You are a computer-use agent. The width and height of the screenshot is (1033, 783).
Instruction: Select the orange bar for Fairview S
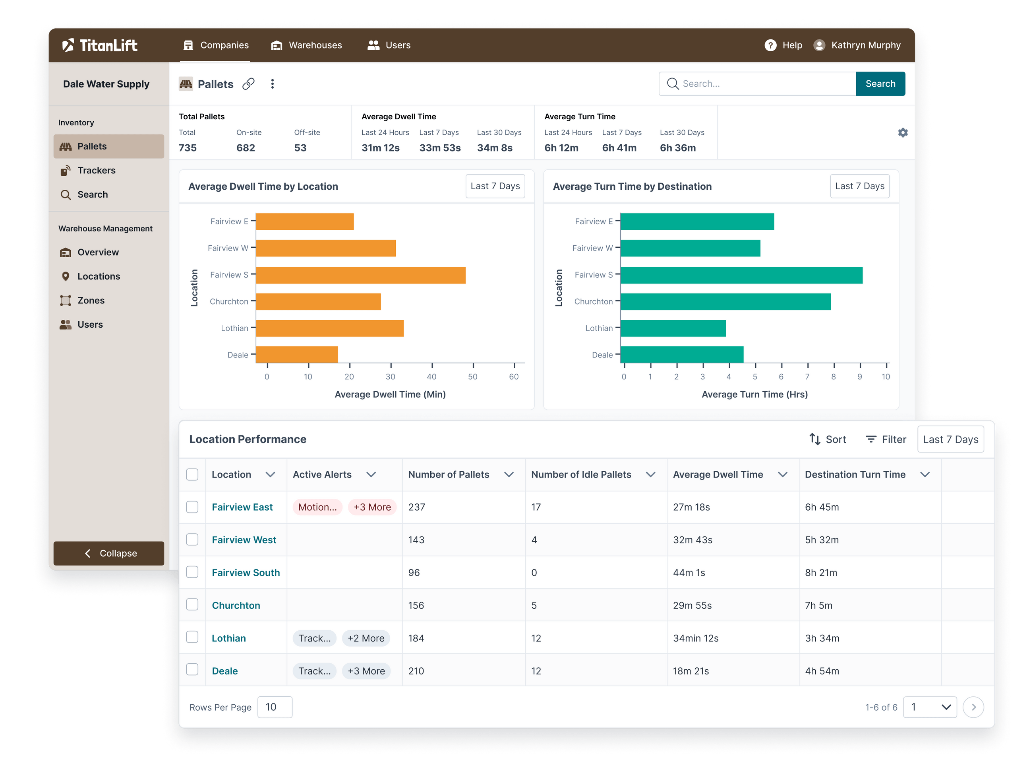pos(360,275)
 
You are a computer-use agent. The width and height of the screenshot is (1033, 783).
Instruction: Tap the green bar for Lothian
pos(673,328)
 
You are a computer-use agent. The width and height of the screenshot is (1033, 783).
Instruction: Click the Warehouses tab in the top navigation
pos(306,45)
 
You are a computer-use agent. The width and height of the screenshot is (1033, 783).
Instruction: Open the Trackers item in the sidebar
pos(96,171)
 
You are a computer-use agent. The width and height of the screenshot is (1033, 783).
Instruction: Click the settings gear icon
pos(902,133)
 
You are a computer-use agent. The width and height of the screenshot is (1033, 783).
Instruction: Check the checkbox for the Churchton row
pos(192,604)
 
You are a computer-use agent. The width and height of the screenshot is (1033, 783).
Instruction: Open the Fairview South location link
pos(246,573)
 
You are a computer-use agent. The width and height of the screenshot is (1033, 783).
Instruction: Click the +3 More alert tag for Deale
pos(366,671)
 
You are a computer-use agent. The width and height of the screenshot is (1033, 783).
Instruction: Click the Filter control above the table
pos(886,439)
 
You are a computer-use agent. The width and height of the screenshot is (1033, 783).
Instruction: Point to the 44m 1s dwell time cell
pos(689,573)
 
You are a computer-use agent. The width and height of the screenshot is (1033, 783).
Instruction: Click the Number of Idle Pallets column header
pos(581,474)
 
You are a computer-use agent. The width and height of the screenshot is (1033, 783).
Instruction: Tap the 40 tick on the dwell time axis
pos(431,376)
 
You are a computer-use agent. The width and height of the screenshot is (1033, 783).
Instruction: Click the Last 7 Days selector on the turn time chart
pos(859,186)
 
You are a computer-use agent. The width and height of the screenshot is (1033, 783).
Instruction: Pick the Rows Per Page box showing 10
pos(275,707)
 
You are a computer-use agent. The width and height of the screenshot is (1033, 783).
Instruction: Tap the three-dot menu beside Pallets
pos(272,84)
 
